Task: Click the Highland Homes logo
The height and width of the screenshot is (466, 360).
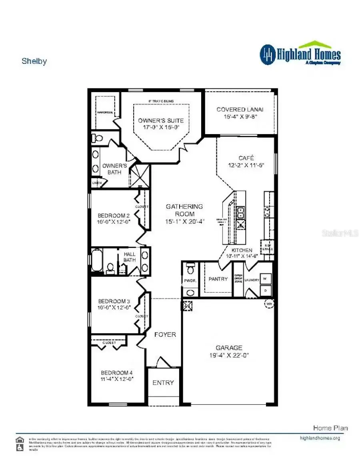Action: pyautogui.click(x=300, y=54)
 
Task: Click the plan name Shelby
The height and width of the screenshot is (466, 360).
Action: pyautogui.click(x=34, y=61)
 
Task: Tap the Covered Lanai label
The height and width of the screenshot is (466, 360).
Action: pyautogui.click(x=240, y=109)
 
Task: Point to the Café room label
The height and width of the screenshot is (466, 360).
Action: pyautogui.click(x=246, y=158)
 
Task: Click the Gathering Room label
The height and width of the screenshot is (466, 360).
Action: pyautogui.click(x=184, y=207)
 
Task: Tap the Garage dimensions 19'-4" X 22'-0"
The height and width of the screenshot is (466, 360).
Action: pyautogui.click(x=229, y=355)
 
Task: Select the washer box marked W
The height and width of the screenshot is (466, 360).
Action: pyautogui.click(x=265, y=279)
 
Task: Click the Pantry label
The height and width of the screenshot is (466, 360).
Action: pyautogui.click(x=218, y=279)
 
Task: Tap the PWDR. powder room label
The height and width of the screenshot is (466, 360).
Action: pyautogui.click(x=190, y=281)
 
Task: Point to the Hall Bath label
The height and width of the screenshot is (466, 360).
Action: pyautogui.click(x=130, y=257)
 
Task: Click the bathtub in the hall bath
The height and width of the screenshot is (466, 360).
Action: pyautogui.click(x=97, y=260)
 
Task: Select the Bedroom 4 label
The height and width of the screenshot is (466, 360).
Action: pyautogui.click(x=117, y=372)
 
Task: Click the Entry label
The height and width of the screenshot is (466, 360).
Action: pyautogui.click(x=163, y=383)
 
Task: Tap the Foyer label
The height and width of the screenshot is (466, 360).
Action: pyautogui.click(x=165, y=334)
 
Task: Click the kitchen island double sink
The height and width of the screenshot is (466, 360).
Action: pyautogui.click(x=241, y=211)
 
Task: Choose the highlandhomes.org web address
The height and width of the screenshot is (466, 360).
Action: pyautogui.click(x=320, y=438)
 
